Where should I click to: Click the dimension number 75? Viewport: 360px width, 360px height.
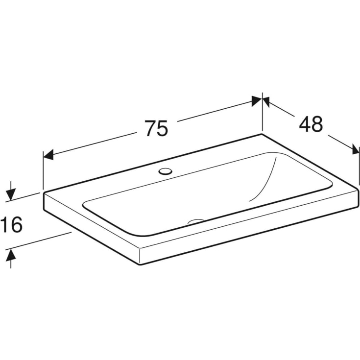coord(156,128)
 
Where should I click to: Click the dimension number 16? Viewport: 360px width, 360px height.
coord(12,225)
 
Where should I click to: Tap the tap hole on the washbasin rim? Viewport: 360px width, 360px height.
coord(166,171)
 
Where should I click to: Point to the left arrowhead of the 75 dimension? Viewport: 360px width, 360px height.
coord(48,155)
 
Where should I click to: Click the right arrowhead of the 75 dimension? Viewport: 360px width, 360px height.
coord(256,101)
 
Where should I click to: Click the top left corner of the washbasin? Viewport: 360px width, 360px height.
coord(44,192)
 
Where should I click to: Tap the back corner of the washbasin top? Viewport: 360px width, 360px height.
coord(263,134)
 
